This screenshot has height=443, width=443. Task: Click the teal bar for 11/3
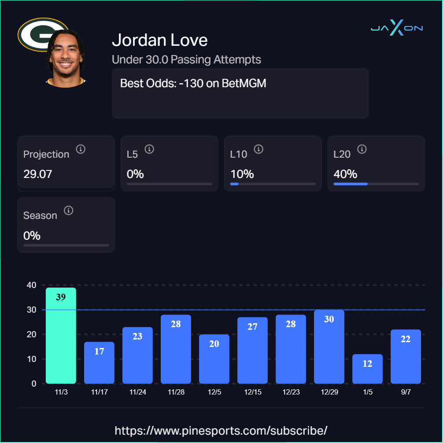pos(61,336)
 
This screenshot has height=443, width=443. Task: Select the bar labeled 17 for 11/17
pos(99,362)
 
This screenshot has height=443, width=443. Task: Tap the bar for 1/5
pos(367,369)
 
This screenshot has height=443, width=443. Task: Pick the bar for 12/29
pos(329,347)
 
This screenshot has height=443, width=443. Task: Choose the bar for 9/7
pos(406,356)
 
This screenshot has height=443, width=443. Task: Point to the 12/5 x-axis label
pos(214,392)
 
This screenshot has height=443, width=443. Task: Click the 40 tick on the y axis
pos(31,285)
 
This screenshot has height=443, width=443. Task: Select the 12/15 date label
pos(252,392)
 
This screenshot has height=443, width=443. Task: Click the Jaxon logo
pos(396,28)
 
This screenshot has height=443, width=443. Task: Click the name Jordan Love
pos(159,40)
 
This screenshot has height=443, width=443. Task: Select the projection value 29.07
pos(37,174)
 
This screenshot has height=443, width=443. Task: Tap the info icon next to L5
pos(149,149)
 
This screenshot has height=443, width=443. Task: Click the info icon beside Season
pos(68,210)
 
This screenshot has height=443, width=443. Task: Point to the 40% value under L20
pos(345,174)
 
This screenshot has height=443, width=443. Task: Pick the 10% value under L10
pos(242,174)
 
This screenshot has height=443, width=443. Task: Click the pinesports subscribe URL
pos(221,430)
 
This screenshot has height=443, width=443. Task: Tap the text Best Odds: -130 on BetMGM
pos(193,83)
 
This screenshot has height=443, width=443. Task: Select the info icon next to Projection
pos(81,149)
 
